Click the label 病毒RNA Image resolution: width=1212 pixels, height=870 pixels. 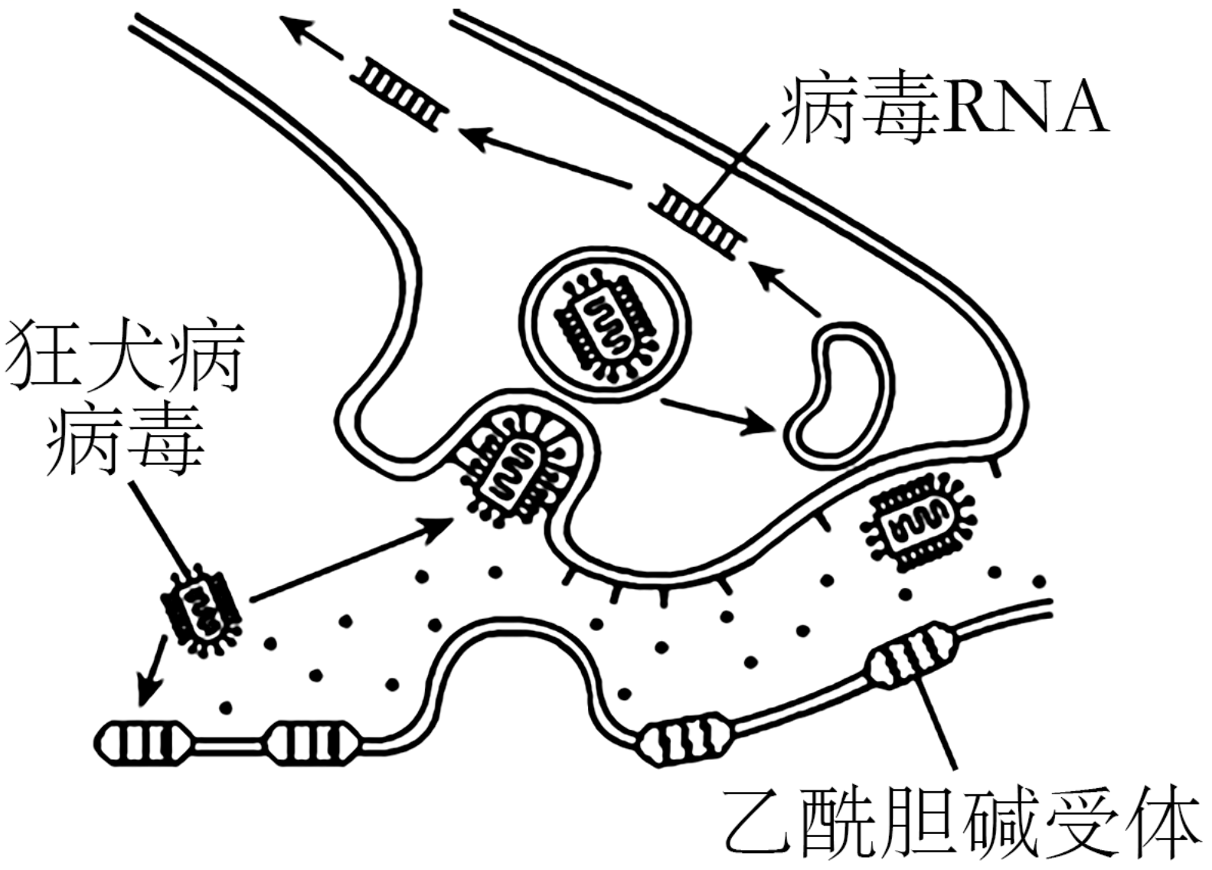pyautogui.click(x=944, y=112)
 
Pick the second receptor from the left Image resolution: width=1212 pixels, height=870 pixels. pyautogui.click(x=311, y=742)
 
